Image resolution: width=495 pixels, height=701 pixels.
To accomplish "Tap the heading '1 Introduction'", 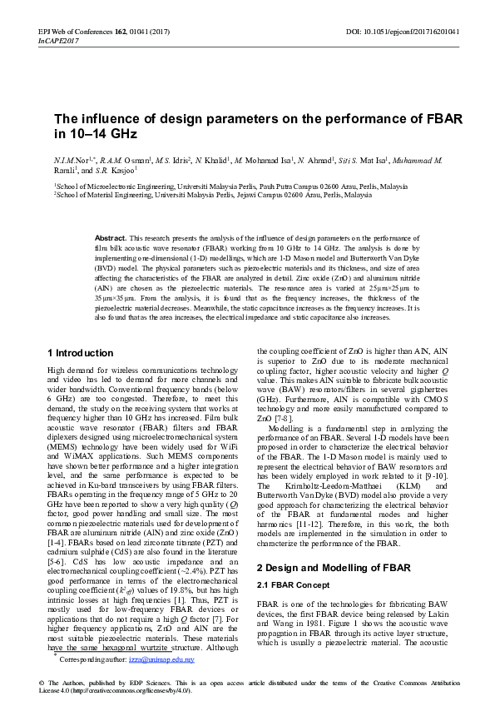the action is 81,353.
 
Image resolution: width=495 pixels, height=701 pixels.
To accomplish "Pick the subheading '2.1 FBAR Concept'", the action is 291,563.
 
